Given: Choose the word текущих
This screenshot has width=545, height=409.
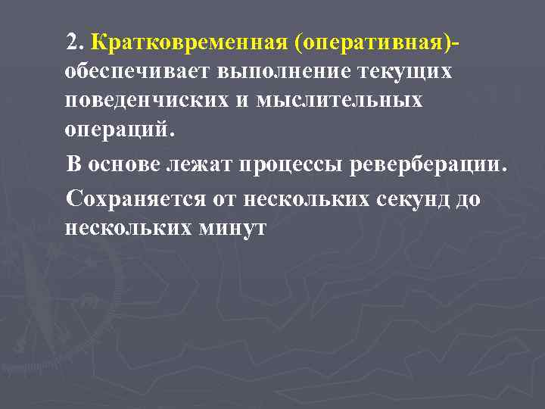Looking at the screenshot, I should click(410, 72).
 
